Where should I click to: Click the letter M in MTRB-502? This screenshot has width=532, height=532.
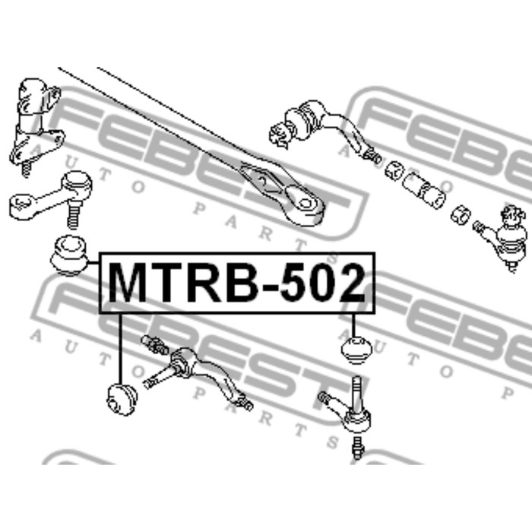pos(128,283)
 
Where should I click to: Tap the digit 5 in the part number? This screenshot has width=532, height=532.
pos(295,283)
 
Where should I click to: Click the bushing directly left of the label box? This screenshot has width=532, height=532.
pos(70,255)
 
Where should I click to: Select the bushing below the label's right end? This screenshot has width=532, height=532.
pos(356,350)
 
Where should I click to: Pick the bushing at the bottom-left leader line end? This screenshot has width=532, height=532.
pos(122,399)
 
